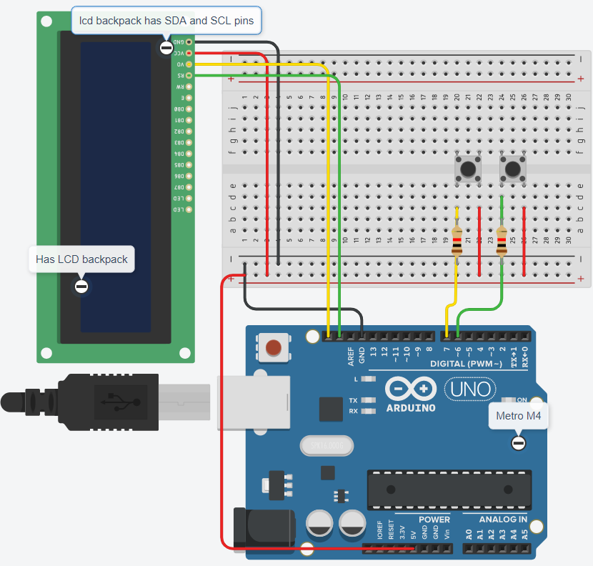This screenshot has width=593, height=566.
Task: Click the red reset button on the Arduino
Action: pyautogui.click(x=273, y=348)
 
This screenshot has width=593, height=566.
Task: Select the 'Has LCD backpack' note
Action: pyautogui.click(x=81, y=259)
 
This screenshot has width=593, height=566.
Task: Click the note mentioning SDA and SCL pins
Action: pyautogui.click(x=166, y=21)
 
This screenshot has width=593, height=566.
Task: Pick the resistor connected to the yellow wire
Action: pyautogui.click(x=457, y=240)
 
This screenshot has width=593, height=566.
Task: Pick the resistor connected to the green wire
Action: pyautogui.click(x=502, y=240)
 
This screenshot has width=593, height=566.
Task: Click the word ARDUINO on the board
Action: pyautogui.click(x=410, y=407)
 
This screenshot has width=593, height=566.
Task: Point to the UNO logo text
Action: pyautogui.click(x=469, y=389)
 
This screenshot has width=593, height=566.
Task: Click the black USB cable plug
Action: pyautogui.click(x=107, y=402)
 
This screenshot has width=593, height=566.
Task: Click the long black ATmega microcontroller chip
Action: pyautogui.click(x=449, y=490)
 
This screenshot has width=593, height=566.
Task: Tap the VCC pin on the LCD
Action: pyautogui.click(x=189, y=53)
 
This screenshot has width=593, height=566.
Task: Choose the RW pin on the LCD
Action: pyautogui.click(x=189, y=86)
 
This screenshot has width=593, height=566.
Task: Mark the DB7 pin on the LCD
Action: pyautogui.click(x=189, y=187)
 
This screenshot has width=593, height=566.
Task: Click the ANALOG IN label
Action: pyautogui.click(x=503, y=520)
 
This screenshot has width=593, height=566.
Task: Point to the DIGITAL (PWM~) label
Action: pyautogui.click(x=468, y=364)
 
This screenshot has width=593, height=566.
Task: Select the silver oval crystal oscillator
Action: pyautogui.click(x=326, y=446)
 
